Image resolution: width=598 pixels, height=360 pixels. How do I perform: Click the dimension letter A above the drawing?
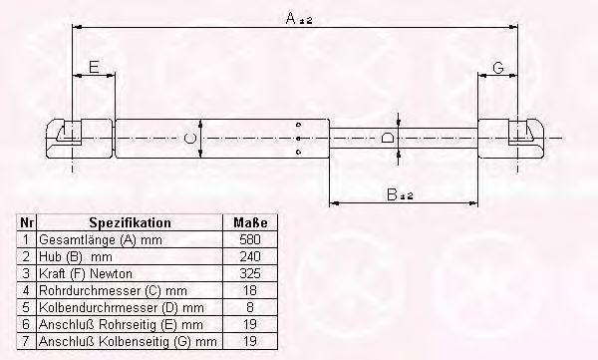point(291,18)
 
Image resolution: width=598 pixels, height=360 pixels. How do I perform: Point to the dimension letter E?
point(94,67)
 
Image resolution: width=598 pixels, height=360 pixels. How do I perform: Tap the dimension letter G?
point(498,68)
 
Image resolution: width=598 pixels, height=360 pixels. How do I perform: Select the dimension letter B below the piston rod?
point(392,194)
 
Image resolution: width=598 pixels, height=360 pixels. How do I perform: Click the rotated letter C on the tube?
point(189,138)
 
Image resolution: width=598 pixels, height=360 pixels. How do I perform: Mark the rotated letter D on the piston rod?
point(388,138)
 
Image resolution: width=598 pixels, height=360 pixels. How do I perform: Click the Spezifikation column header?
point(130,222)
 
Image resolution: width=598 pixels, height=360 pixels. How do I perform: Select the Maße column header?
point(250,222)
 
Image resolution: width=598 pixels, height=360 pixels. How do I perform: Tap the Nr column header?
point(27,222)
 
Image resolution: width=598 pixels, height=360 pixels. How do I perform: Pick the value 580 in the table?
point(250,239)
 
